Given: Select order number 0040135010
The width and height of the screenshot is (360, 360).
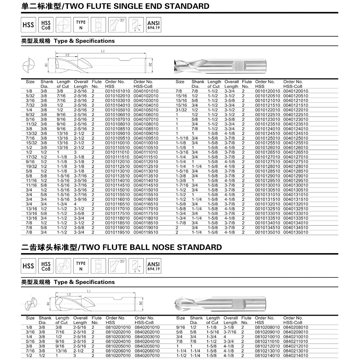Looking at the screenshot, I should (296, 232).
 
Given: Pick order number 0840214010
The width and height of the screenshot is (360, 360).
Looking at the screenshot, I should (296, 355).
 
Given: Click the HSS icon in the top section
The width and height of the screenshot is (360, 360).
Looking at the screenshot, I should (28, 25).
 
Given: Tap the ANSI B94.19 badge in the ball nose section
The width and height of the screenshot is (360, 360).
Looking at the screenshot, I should (153, 266).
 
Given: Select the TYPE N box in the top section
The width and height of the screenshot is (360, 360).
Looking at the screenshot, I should (81, 25).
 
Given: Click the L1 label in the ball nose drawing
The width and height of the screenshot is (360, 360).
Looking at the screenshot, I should (89, 291).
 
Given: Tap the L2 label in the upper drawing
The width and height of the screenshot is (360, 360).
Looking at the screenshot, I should (67, 55).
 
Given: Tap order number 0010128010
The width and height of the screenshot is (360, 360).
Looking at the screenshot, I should (267, 167).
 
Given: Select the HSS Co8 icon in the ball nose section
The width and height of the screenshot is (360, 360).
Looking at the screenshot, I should (46, 266).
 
